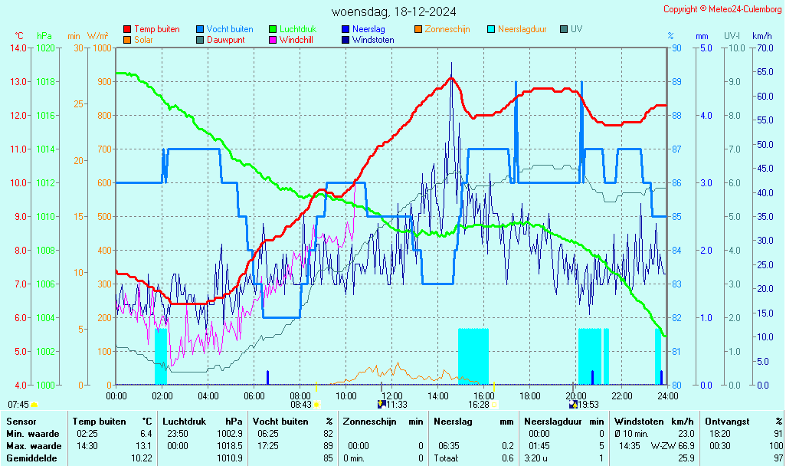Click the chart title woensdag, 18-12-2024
point(394,11)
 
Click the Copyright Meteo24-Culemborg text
point(722,9)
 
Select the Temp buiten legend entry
point(156,29)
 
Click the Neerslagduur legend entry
point(522,29)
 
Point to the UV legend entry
point(576,29)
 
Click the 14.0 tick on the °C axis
point(18,48)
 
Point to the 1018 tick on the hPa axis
point(45,81)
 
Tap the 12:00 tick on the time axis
point(392,395)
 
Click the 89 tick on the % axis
point(677,81)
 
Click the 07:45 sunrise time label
point(18,404)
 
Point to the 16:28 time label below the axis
point(478,404)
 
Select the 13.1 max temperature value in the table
point(142,445)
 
